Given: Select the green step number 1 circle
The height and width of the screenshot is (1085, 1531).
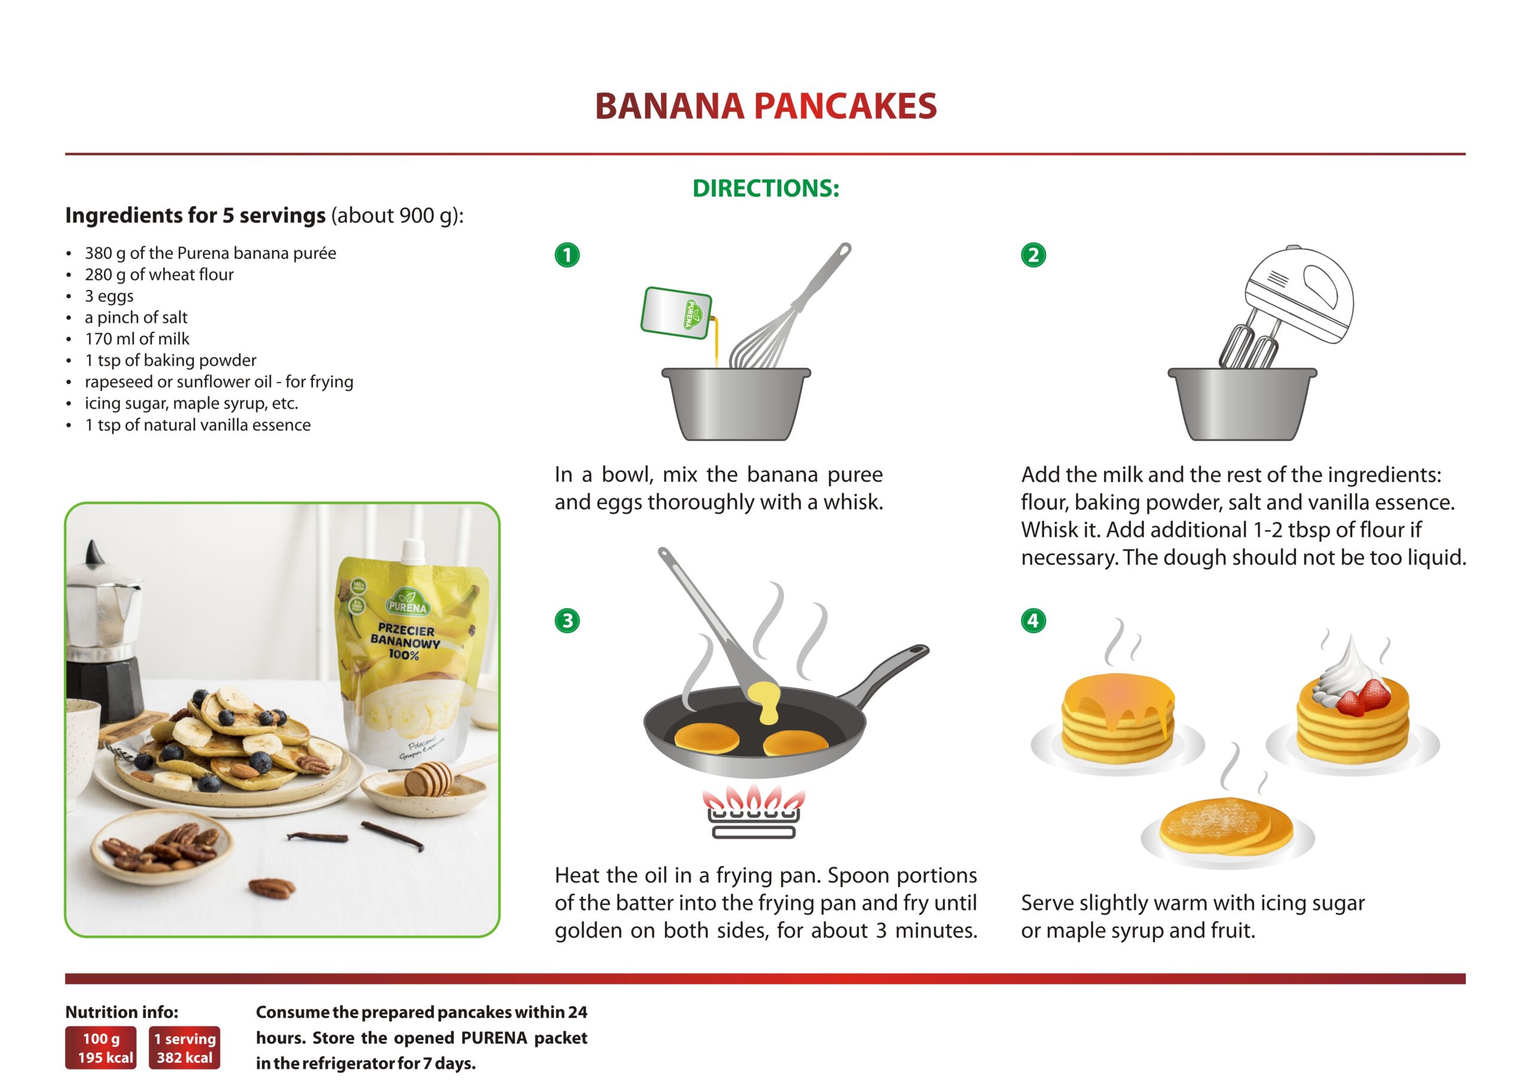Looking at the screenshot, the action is (568, 255).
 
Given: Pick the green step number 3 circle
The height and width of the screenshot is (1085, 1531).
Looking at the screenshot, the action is (568, 621).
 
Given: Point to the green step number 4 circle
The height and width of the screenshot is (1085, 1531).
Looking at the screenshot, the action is (1033, 621).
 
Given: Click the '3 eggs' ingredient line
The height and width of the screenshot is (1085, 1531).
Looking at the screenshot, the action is (109, 296).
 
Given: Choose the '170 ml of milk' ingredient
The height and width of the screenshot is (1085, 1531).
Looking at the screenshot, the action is (137, 339).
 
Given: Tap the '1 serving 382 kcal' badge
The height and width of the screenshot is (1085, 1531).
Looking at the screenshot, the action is (184, 1047).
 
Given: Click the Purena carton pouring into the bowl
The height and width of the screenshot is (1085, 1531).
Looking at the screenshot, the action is (676, 313).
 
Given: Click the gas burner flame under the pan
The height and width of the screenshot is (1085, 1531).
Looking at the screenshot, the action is (753, 799).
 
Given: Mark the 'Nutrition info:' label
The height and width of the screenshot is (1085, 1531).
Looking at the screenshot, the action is (121, 1012).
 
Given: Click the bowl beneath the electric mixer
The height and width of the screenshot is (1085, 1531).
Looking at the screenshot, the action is (1242, 404).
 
